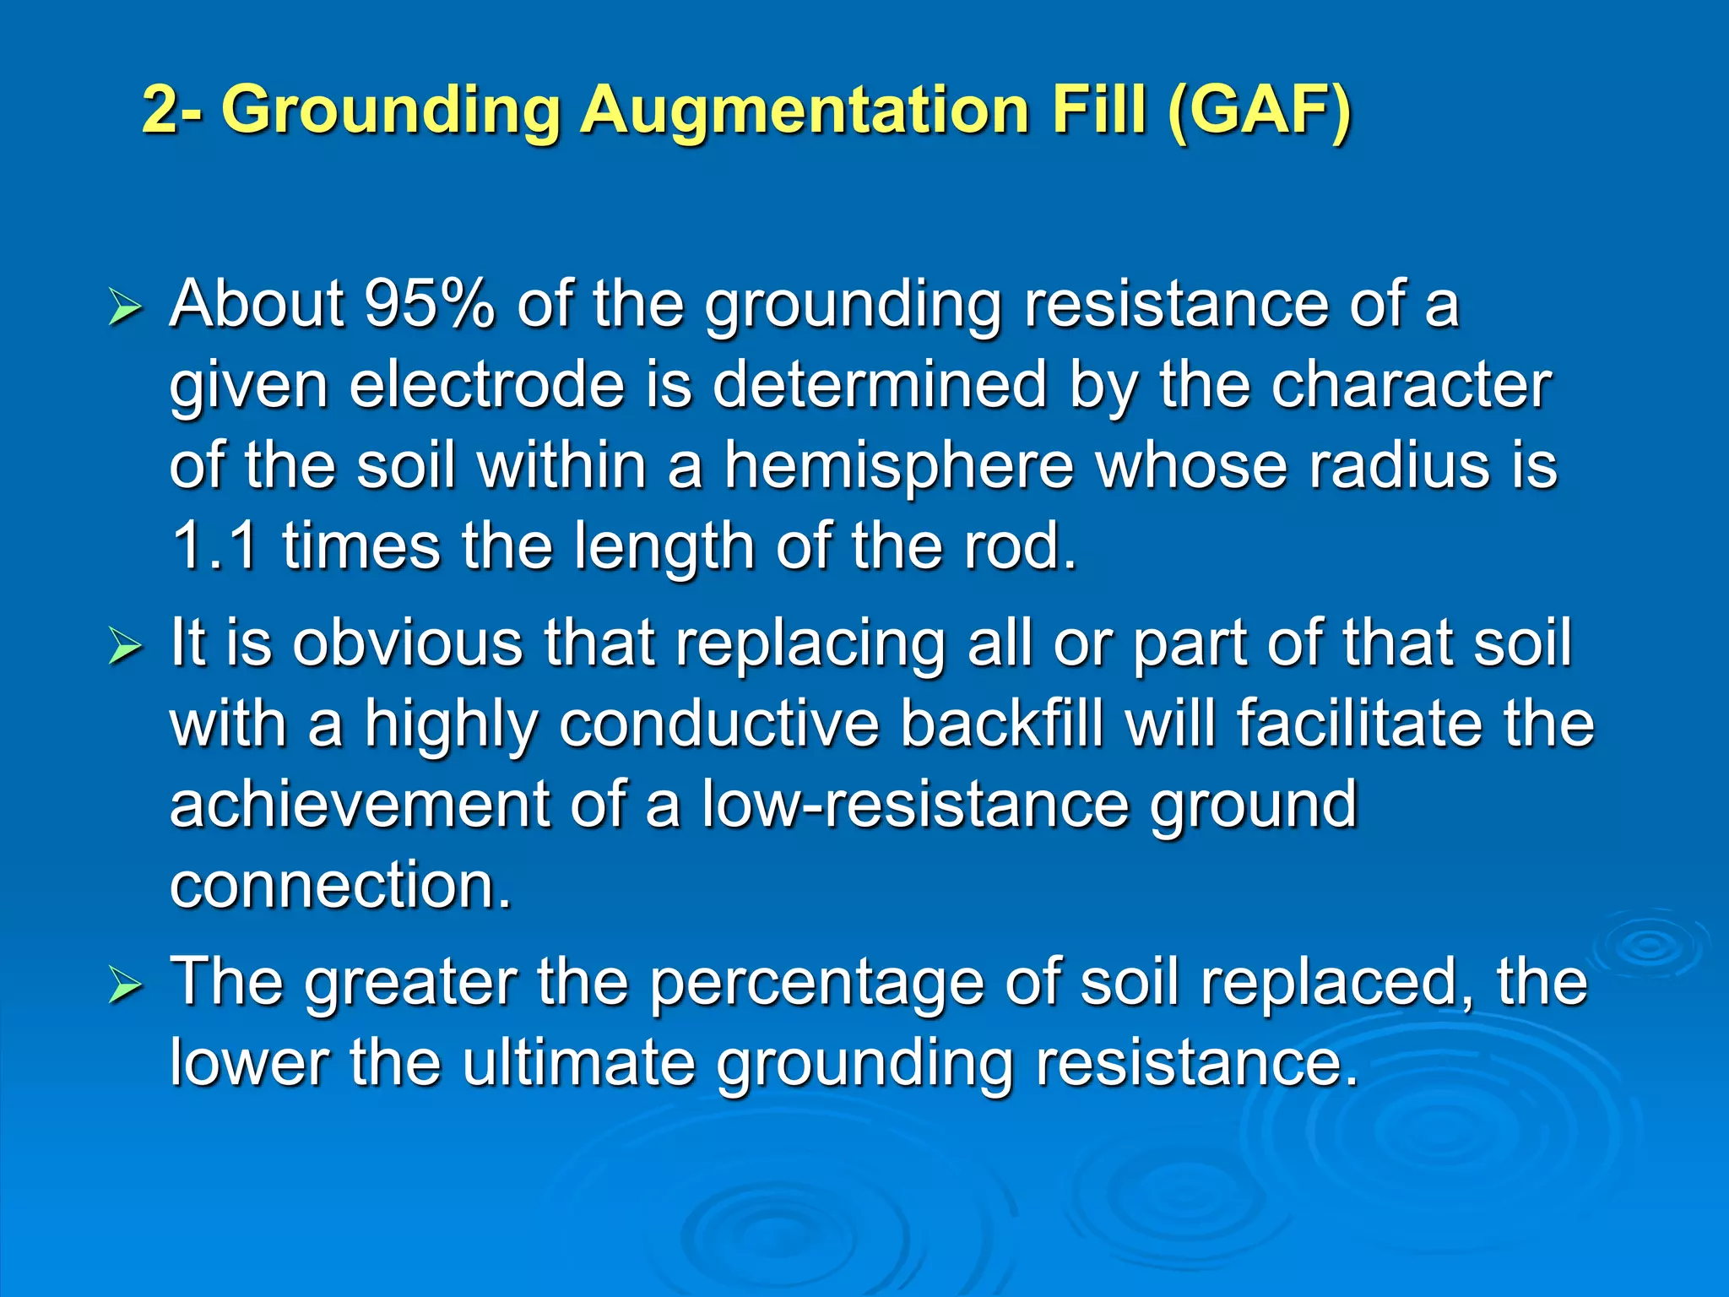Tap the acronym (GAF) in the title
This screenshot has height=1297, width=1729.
click(x=1260, y=111)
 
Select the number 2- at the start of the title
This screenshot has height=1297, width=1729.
click(x=171, y=111)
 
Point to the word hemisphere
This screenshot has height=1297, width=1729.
click(x=899, y=466)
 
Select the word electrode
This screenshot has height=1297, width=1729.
click(x=487, y=385)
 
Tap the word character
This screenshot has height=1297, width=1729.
click(x=1412, y=385)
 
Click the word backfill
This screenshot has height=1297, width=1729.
click(x=1001, y=724)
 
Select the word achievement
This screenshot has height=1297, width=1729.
click(x=360, y=804)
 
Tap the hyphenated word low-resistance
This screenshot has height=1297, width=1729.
click(x=915, y=804)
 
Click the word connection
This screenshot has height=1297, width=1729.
click(x=340, y=885)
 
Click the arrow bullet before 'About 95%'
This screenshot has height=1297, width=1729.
click(x=126, y=310)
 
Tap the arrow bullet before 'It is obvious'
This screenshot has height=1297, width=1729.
click(x=126, y=648)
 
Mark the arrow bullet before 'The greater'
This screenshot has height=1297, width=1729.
click(x=126, y=987)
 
